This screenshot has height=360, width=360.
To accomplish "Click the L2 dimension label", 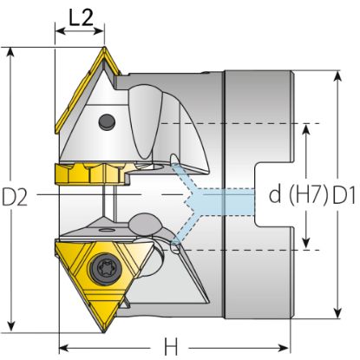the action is (81, 17).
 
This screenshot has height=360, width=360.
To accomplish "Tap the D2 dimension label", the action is (15, 197).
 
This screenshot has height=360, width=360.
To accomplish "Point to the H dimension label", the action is (171, 347).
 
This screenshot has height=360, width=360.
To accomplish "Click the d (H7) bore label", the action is (299, 194).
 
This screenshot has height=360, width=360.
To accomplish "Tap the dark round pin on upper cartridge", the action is (107, 122).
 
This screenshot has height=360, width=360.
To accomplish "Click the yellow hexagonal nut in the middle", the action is (92, 173).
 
